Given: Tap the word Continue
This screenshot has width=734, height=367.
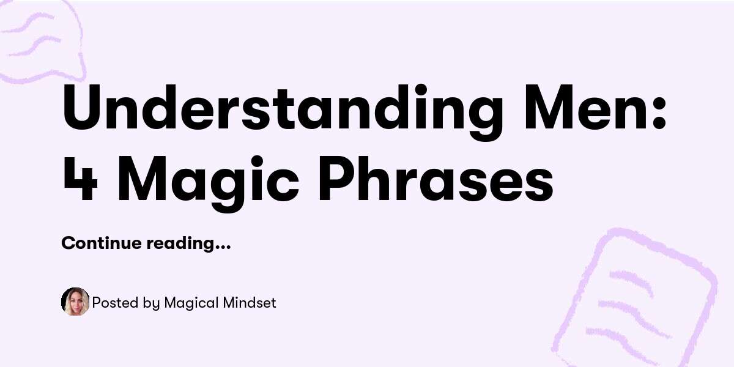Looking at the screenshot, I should [102, 243].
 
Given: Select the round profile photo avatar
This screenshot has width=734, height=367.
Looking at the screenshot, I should [75, 302].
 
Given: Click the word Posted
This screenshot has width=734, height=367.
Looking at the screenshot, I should [111, 302].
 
